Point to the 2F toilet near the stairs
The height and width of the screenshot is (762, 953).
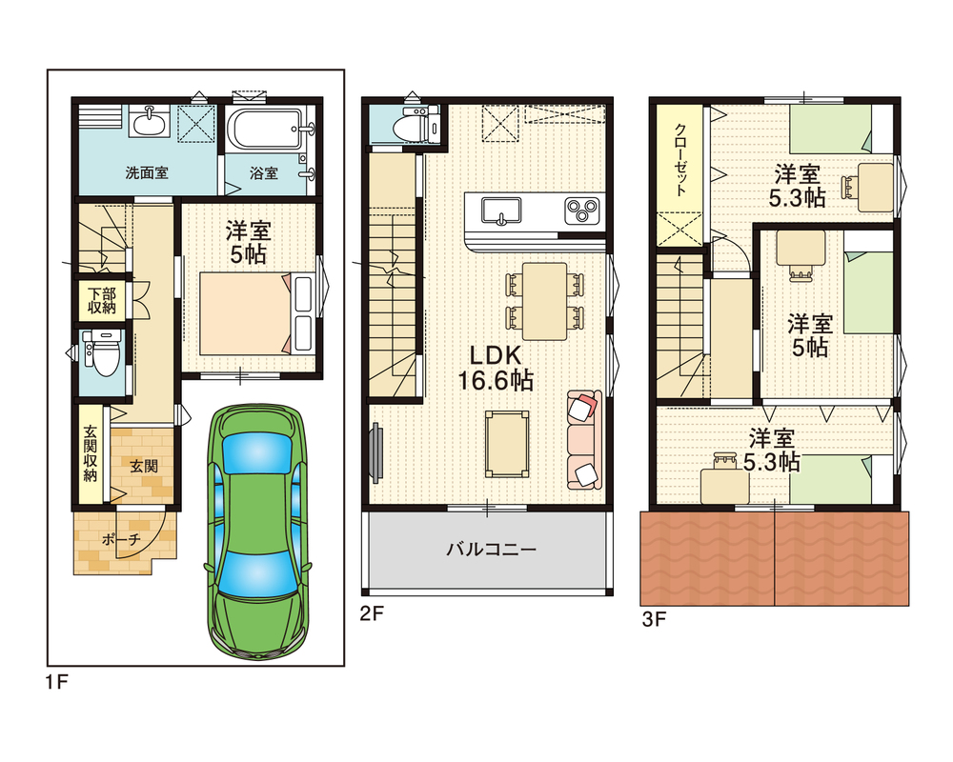(x=416, y=125)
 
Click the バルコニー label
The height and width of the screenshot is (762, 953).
(x=491, y=550)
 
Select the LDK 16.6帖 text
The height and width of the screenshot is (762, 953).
(x=496, y=369)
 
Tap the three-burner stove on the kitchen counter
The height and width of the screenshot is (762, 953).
(x=582, y=211)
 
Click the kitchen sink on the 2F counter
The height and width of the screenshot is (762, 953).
(x=501, y=211)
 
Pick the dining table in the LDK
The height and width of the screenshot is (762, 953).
(x=544, y=301)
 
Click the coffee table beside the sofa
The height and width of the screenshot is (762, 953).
(x=506, y=444)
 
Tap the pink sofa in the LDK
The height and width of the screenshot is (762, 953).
(x=584, y=440)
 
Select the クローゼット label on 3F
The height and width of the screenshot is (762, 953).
(x=680, y=160)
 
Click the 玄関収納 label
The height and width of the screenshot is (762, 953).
(x=90, y=453)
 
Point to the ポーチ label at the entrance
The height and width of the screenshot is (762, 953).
(x=122, y=539)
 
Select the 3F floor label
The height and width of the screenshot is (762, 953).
(x=655, y=619)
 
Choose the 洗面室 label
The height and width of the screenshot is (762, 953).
(x=147, y=173)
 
